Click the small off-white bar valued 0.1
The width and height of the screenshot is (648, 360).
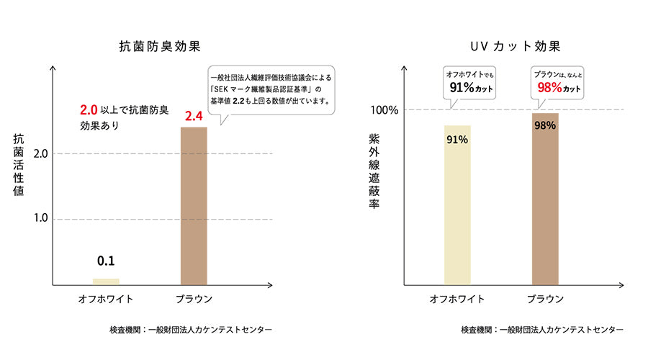click(x=106, y=281)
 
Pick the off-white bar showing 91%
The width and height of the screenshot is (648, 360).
click(x=457, y=205)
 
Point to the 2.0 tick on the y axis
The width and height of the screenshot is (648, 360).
click(x=40, y=153)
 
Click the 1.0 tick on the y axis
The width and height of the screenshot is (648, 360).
click(x=40, y=219)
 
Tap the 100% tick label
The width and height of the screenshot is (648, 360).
click(x=384, y=110)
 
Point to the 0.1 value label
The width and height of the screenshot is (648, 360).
click(x=106, y=261)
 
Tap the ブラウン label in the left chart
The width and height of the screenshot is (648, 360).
click(x=194, y=298)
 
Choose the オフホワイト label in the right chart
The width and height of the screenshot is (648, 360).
click(x=457, y=298)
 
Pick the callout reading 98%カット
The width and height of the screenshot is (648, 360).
click(x=557, y=83)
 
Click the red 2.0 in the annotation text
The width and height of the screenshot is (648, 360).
click(x=88, y=112)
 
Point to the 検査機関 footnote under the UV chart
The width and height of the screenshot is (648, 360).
click(x=542, y=330)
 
